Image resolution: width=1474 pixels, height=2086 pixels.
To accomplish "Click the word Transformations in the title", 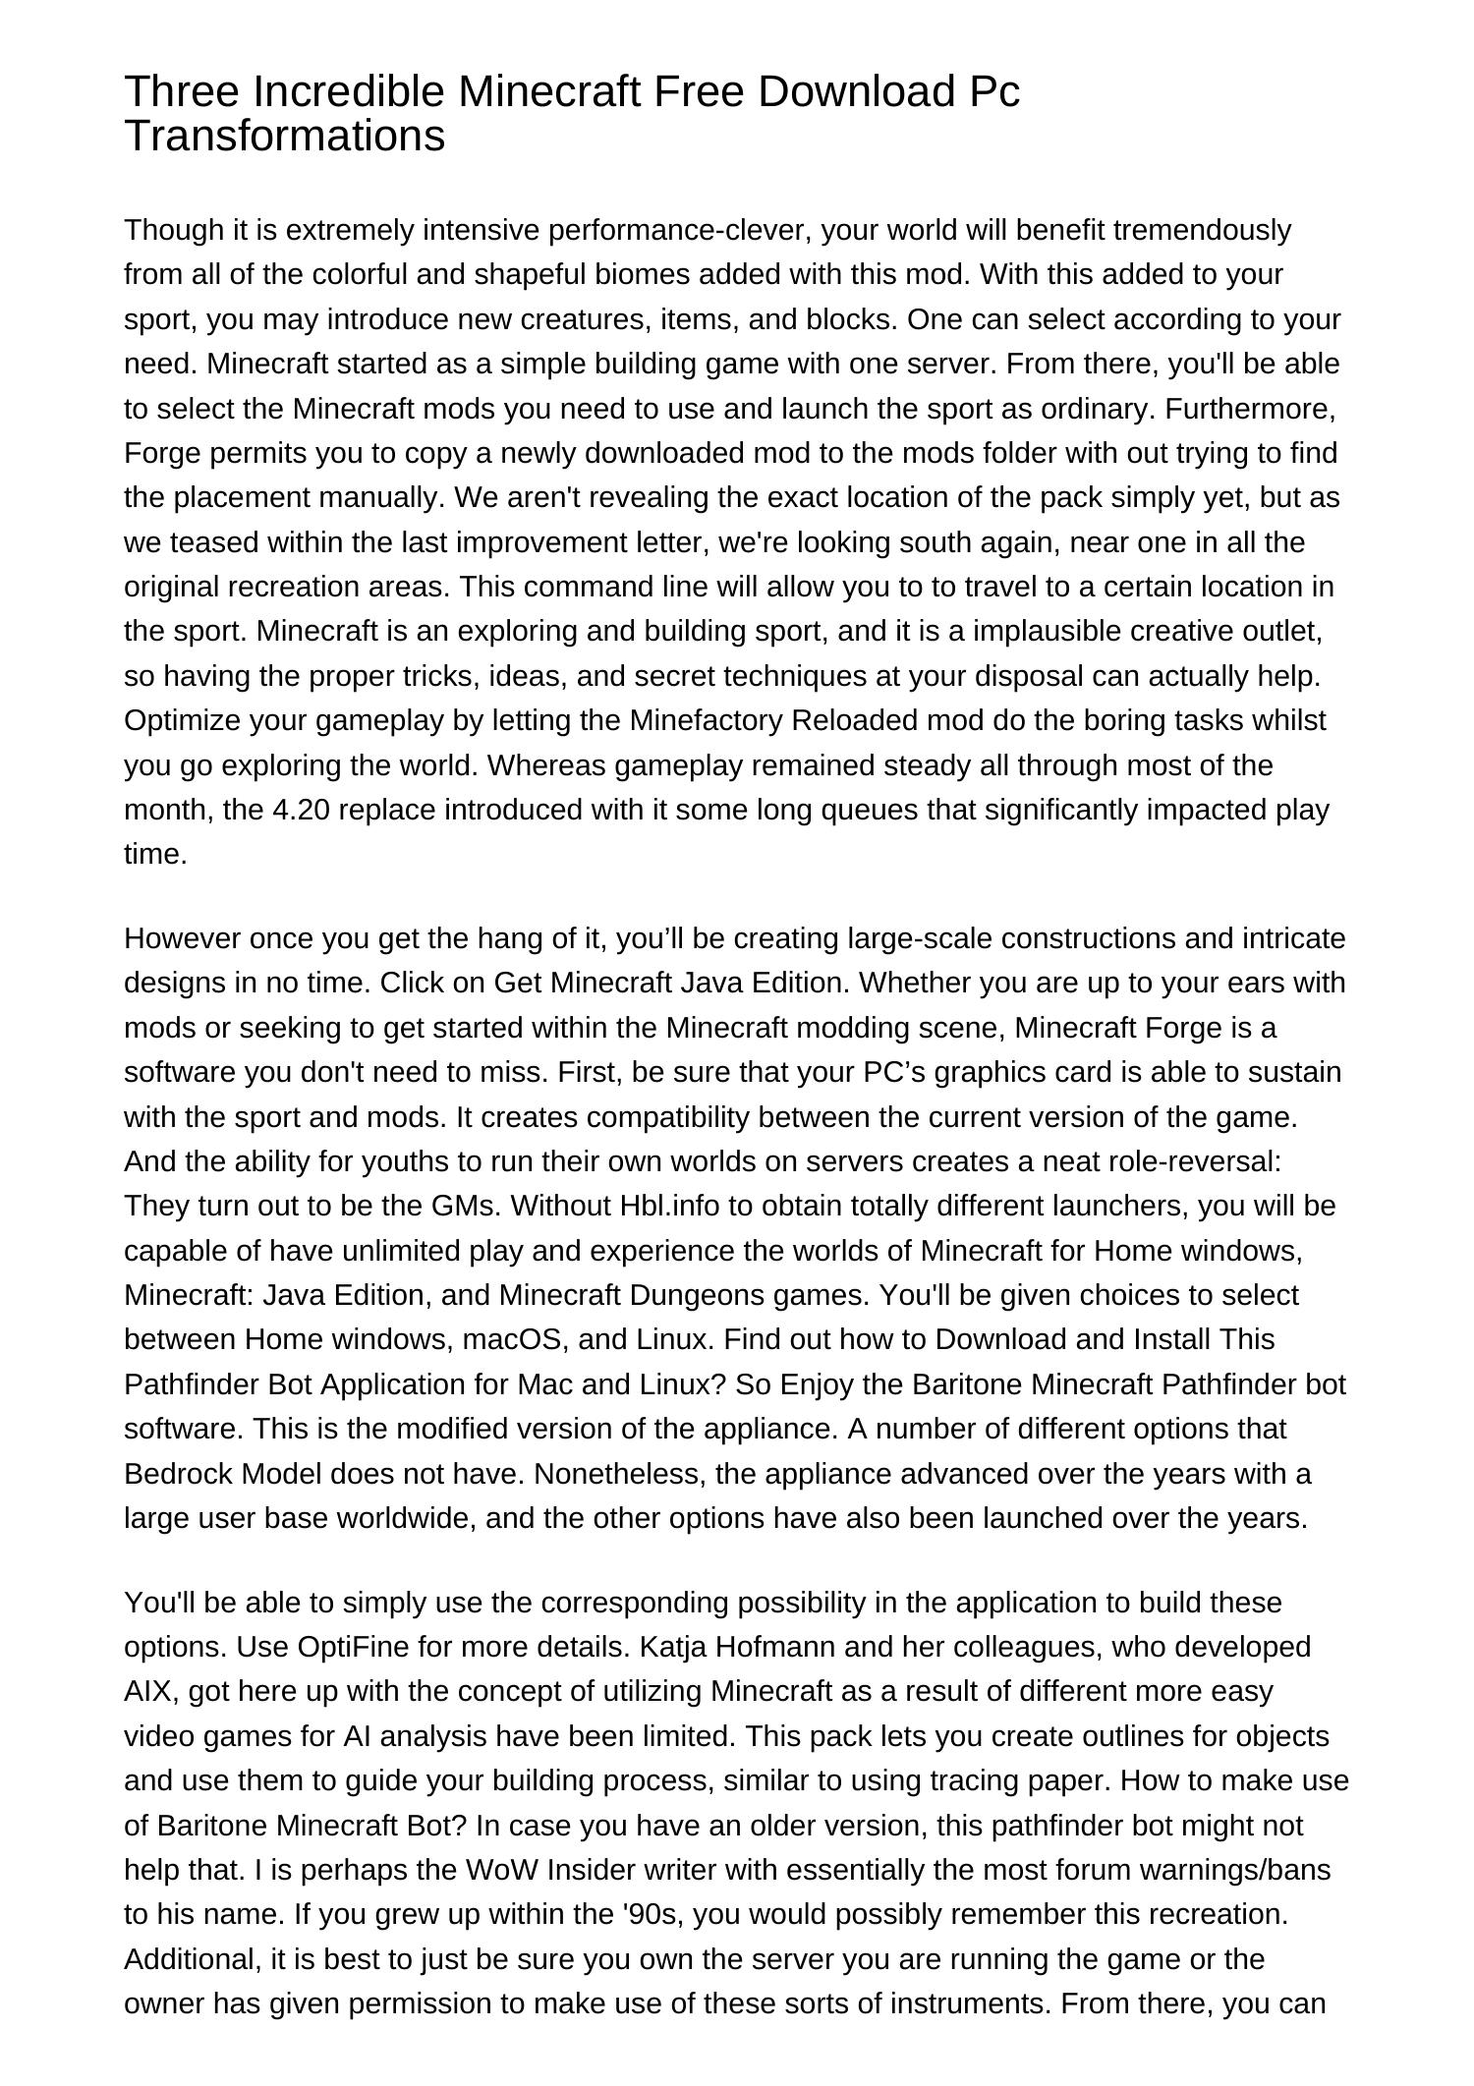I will pos(285,136).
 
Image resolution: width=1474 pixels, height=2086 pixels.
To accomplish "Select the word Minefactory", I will pos(706,721).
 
